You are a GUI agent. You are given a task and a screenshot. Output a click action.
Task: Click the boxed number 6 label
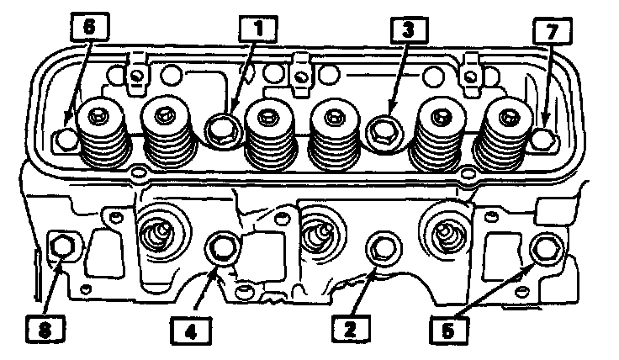tap(90, 28)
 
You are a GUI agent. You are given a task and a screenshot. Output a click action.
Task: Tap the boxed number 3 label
tap(407, 29)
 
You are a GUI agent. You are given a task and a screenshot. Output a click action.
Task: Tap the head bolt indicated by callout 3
tap(384, 129)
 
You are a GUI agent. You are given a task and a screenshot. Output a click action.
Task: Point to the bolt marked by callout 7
tap(545, 135)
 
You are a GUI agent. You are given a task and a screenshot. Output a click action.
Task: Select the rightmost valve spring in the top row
tap(507, 133)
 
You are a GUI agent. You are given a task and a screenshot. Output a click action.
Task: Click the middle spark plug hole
tap(315, 235)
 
